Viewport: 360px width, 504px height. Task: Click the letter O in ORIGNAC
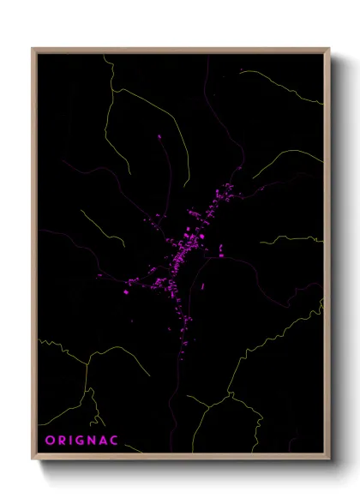click(x=50, y=441)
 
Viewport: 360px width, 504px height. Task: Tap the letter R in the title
click(x=61, y=441)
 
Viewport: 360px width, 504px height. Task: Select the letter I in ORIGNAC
click(x=70, y=441)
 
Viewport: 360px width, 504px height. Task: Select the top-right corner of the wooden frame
click(x=330, y=48)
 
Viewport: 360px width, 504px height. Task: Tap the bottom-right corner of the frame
click(x=330, y=462)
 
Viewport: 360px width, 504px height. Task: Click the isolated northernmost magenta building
click(x=159, y=137)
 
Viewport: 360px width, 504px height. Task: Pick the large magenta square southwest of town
click(x=125, y=292)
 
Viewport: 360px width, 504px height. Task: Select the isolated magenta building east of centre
click(x=221, y=251)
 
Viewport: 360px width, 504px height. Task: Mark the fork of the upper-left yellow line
click(x=111, y=88)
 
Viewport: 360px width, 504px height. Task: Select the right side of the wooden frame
click(x=329, y=257)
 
